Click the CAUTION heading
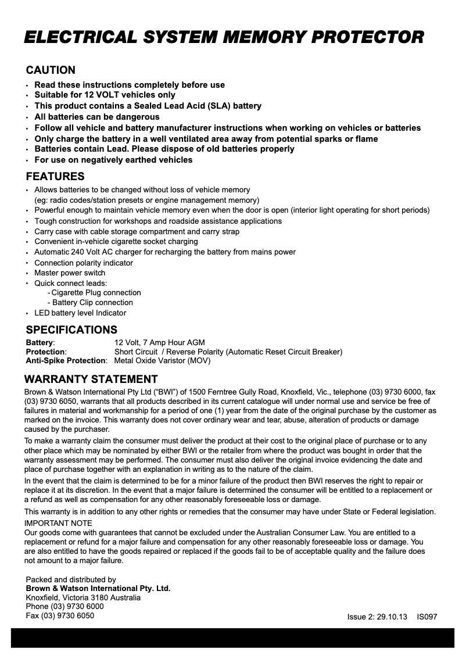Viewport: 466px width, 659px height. (x=51, y=70)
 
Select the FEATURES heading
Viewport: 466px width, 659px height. (x=55, y=176)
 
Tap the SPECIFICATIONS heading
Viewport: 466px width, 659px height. (x=71, y=330)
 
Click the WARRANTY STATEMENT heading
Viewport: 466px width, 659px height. (x=91, y=379)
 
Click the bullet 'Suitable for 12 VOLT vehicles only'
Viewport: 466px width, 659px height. (x=105, y=95)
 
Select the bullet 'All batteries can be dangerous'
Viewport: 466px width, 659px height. (x=96, y=117)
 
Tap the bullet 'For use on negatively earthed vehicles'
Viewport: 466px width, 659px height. (x=113, y=160)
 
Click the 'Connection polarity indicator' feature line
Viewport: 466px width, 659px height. (x=84, y=263)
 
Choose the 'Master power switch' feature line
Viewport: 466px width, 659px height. (x=70, y=273)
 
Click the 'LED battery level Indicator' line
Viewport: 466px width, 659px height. (x=80, y=313)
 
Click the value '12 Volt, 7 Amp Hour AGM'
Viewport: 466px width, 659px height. (x=159, y=343)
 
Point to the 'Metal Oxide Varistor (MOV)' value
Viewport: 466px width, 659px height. (x=162, y=361)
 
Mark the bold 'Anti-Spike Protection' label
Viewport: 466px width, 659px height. (x=66, y=361)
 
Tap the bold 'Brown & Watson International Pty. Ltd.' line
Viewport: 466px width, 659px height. (x=98, y=589)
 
